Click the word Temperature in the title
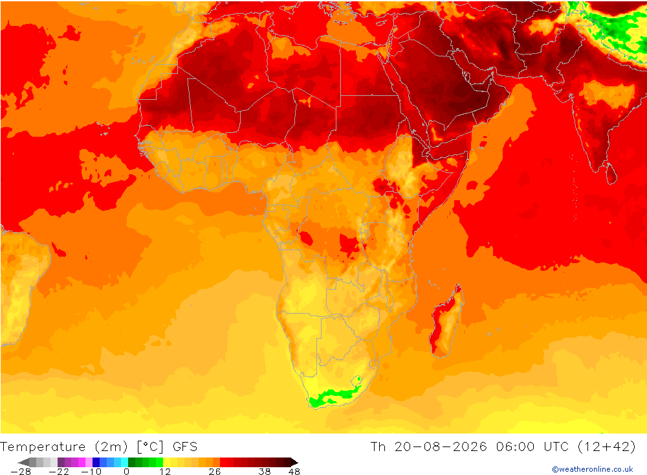pyautogui.click(x=43, y=447)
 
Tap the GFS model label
pyautogui.click(x=185, y=447)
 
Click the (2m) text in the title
pyautogui.click(x=111, y=447)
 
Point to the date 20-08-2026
pyautogui.click(x=441, y=447)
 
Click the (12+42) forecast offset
pyautogui.click(x=607, y=447)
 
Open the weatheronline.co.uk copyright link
pyautogui.click(x=593, y=469)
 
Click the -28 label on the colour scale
pyautogui.click(x=21, y=472)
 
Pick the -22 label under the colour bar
pyautogui.click(x=59, y=472)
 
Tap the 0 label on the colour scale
pyautogui.click(x=127, y=472)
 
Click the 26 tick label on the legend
pyautogui.click(x=215, y=472)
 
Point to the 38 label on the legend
pyautogui.click(x=265, y=472)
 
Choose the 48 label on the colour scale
pyautogui.click(x=294, y=472)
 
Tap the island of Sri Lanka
pyautogui.click(x=611, y=173)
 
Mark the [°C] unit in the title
pyautogui.click(x=150, y=447)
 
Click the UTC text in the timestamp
pyautogui.click(x=556, y=447)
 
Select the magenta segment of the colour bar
pyautogui.click(x=82, y=462)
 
